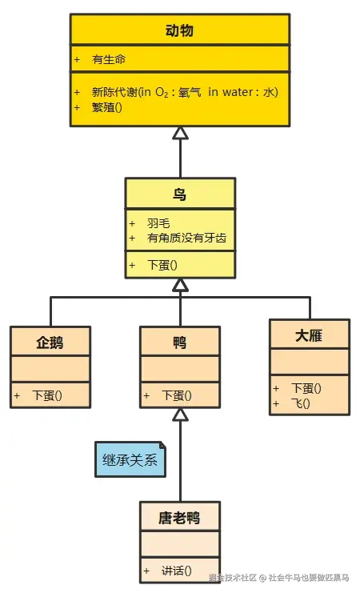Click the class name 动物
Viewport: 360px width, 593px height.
click(179, 31)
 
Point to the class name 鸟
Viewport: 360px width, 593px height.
click(180, 194)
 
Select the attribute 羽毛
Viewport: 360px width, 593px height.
click(158, 223)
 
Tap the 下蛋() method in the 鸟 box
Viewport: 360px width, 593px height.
click(162, 265)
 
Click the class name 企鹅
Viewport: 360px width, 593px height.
click(50, 343)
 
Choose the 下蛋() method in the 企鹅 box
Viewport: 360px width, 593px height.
click(47, 395)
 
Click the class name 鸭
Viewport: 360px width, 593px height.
click(180, 343)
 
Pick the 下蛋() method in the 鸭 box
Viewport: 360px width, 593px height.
click(177, 395)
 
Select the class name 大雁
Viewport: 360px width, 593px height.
click(309, 335)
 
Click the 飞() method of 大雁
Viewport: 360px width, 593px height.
click(301, 403)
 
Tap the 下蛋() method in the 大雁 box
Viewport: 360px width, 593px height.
click(306, 389)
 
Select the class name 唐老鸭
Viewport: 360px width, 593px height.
click(179, 518)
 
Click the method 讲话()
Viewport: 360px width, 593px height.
click(177, 571)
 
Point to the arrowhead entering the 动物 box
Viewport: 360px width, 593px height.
click(180, 133)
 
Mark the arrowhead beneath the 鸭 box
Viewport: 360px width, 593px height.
click(180, 414)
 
